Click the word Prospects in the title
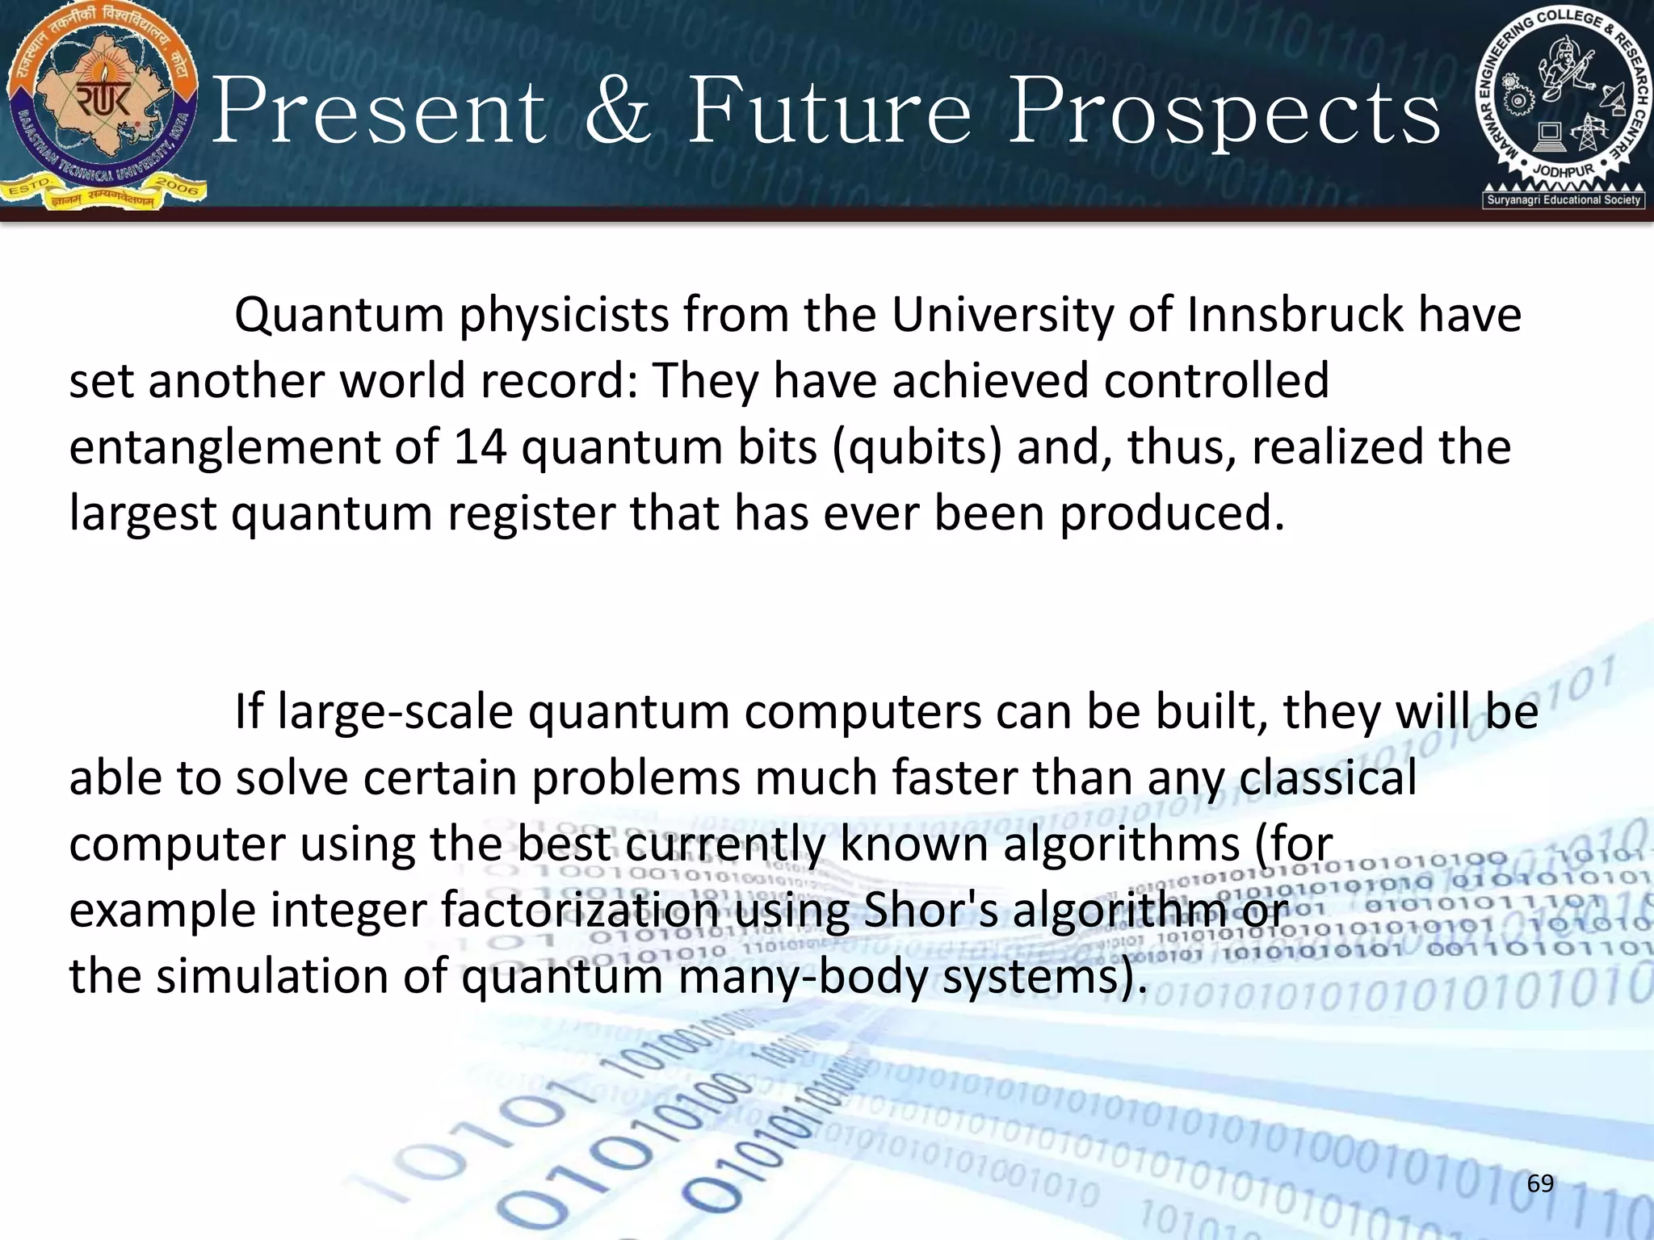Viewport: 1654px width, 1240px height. pyautogui.click(x=1224, y=113)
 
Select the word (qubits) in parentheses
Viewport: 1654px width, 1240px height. pyautogui.click(x=917, y=448)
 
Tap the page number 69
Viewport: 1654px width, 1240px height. pyautogui.click(x=1540, y=1183)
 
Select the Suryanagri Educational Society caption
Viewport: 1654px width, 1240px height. pyautogui.click(x=1564, y=199)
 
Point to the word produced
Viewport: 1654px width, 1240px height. pyautogui.click(x=1171, y=514)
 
